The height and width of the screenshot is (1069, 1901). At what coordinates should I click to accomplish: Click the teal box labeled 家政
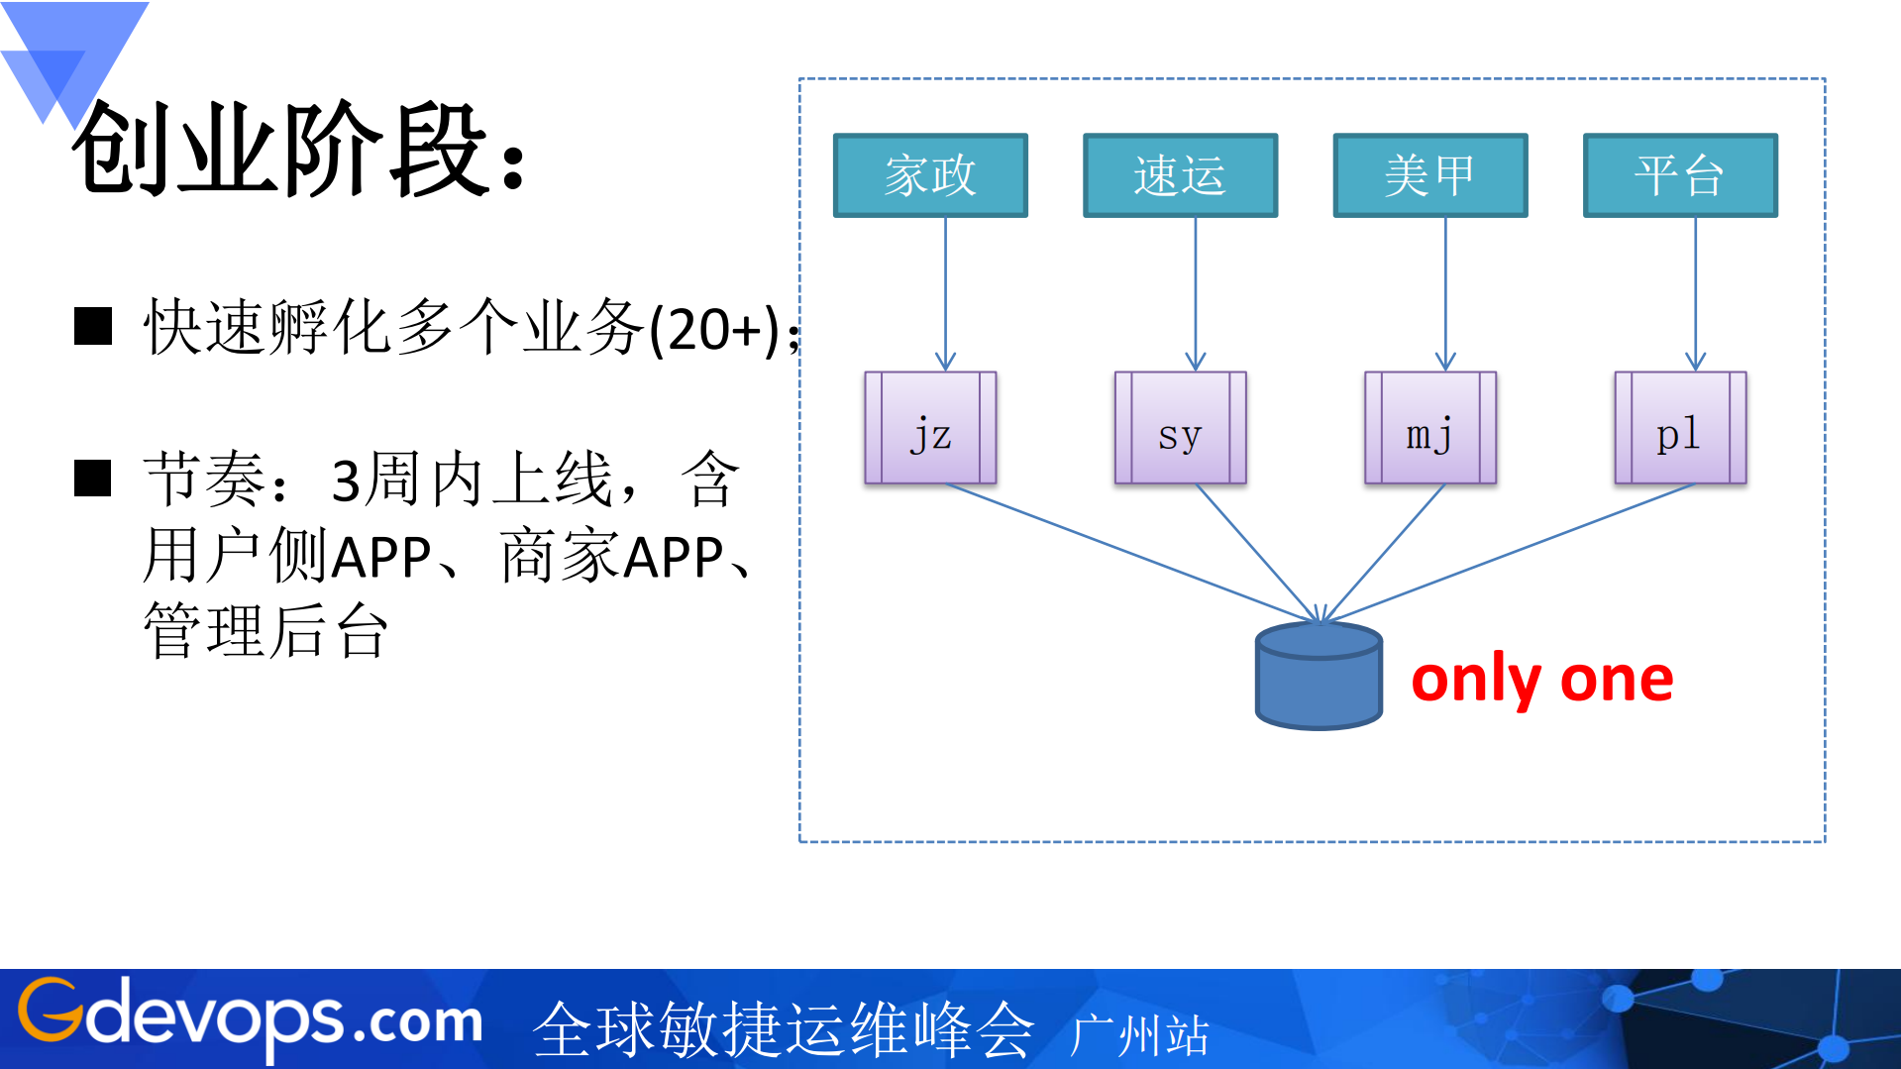click(x=930, y=175)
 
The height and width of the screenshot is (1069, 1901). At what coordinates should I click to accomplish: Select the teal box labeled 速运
click(x=1180, y=175)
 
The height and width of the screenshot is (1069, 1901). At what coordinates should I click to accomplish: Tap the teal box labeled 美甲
click(x=1429, y=175)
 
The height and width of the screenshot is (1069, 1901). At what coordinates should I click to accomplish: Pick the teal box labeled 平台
click(x=1679, y=175)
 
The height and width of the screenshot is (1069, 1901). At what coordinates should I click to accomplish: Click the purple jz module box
click(x=930, y=428)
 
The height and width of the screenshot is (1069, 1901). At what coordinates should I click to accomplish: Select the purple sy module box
click(x=1180, y=428)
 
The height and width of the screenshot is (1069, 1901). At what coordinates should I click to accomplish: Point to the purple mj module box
click(x=1429, y=428)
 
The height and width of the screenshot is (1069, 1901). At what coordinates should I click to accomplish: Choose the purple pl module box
click(x=1679, y=428)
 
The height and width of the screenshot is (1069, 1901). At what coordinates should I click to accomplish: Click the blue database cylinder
click(x=1318, y=679)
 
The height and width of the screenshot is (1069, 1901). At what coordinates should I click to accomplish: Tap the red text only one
click(x=1541, y=681)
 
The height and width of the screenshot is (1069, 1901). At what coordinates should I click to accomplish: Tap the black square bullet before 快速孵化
click(x=93, y=326)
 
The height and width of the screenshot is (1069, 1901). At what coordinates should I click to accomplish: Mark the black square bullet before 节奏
click(x=93, y=479)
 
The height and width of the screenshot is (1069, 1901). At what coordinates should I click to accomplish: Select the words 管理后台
click(x=265, y=631)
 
